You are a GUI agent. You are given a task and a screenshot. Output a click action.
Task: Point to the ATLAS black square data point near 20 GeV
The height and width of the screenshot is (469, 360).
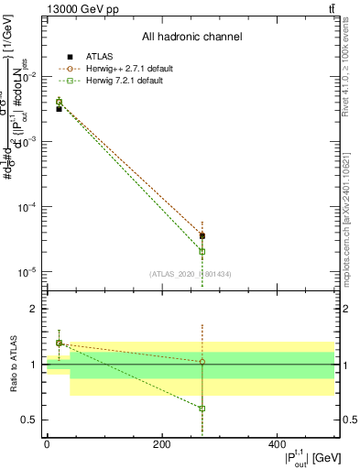click(59, 109)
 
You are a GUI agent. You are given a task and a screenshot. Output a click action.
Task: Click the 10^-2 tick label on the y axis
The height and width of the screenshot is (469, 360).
click(29, 77)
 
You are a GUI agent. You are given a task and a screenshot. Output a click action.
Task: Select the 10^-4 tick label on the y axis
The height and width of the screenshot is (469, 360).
click(29, 207)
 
